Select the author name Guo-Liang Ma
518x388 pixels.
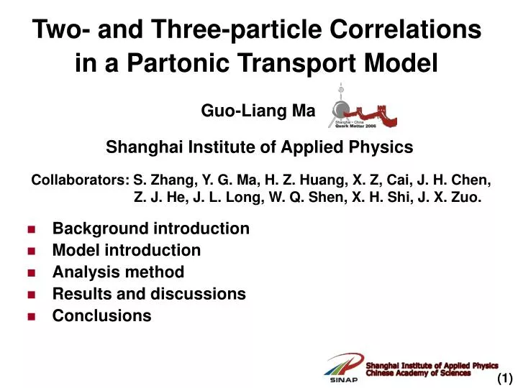(258, 110)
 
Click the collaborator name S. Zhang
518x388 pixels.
(163, 180)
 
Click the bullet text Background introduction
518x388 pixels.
(151, 228)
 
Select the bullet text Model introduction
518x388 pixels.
(127, 250)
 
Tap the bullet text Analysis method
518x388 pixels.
(118, 272)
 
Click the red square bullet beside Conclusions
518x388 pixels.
(32, 316)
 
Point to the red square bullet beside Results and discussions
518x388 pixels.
(32, 295)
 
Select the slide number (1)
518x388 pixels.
(504, 378)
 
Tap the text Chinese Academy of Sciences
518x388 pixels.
(419, 373)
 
